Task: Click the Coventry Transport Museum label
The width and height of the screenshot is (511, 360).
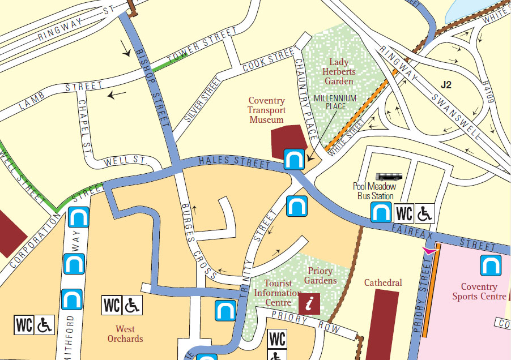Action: [x=266, y=110]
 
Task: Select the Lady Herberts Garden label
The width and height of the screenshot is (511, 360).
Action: [x=338, y=71]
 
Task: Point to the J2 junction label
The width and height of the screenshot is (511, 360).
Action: [x=446, y=85]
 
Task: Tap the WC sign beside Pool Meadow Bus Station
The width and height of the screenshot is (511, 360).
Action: [x=404, y=213]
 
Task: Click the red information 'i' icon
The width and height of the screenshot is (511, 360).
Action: [x=309, y=303]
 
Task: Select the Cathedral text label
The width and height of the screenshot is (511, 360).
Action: [x=383, y=282]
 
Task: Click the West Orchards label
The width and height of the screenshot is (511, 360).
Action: [x=129, y=333]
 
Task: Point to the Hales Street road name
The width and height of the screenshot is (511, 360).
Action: [x=234, y=162]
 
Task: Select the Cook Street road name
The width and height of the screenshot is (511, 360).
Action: [x=266, y=62]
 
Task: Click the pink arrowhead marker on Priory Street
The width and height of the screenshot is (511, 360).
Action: [x=431, y=250]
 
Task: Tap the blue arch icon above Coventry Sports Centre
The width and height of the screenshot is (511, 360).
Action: [x=489, y=265]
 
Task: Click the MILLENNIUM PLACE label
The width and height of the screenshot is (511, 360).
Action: [x=335, y=102]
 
